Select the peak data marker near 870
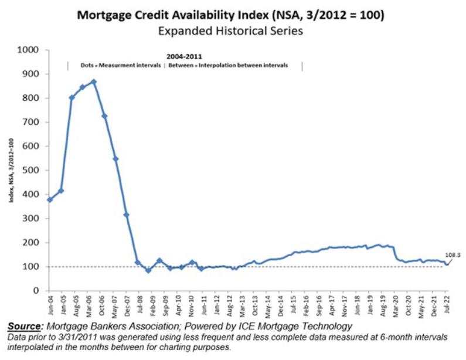(94, 81)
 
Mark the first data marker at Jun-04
(50, 199)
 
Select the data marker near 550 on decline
(115, 159)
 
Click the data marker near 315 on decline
(126, 215)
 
